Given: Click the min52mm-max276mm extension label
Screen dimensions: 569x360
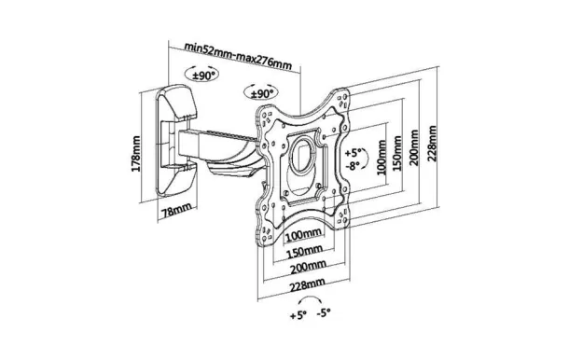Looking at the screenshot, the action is tap(238, 56).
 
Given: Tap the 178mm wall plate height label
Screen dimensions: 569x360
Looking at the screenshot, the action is tap(135, 154).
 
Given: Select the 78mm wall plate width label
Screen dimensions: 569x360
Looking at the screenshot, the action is tap(176, 210).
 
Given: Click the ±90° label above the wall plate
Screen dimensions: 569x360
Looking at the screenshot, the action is tap(203, 76).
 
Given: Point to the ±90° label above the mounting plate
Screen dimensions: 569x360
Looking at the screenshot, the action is tap(262, 94).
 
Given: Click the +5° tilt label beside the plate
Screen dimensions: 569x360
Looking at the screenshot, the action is tap(354, 152).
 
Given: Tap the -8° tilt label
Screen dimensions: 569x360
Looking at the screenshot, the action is tap(353, 166).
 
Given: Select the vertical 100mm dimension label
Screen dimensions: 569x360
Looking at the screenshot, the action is tap(382, 157).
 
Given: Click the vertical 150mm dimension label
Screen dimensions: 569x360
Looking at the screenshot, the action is tap(397, 153).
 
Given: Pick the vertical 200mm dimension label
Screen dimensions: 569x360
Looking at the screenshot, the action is tap(413, 147).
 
